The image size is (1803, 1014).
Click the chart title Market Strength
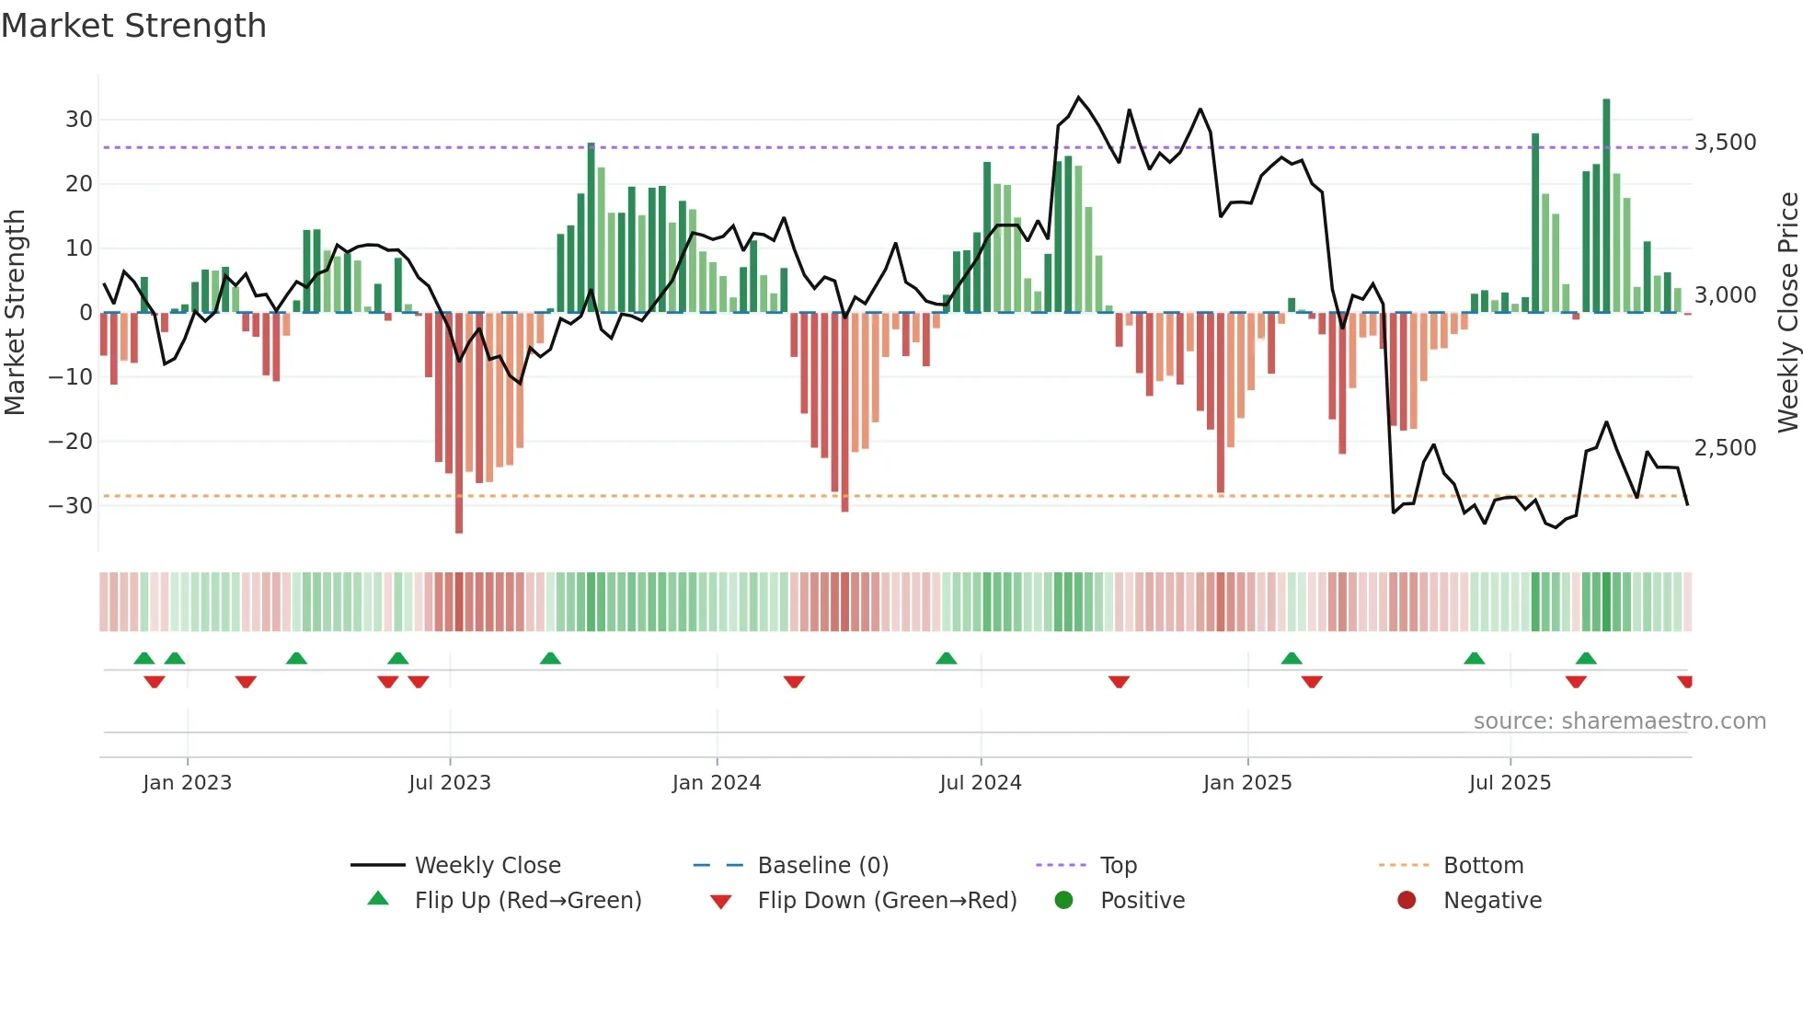[x=133, y=26]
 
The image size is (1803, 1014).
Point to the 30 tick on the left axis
[x=78, y=120]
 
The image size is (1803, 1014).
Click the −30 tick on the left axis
[x=71, y=506]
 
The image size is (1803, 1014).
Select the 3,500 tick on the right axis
[x=1725, y=143]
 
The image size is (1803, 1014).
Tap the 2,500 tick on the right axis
[x=1725, y=448]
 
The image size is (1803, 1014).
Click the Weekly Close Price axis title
[x=1787, y=312]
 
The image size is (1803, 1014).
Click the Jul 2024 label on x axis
[x=980, y=783]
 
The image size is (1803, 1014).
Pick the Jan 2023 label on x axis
[x=187, y=783]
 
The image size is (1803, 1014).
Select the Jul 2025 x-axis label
[x=1510, y=783]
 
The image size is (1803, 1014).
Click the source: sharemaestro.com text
[x=1619, y=721]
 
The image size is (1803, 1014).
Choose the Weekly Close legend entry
[x=488, y=866]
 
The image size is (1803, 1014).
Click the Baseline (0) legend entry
[x=822, y=866]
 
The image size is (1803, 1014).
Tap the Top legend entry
[x=1119, y=866]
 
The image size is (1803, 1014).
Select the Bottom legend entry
[x=1483, y=866]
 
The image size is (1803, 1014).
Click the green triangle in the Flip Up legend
[x=378, y=899]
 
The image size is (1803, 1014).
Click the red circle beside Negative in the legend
[x=1406, y=900]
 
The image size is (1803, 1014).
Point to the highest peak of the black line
[x=1078, y=98]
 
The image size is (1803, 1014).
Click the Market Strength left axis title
[x=15, y=312]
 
